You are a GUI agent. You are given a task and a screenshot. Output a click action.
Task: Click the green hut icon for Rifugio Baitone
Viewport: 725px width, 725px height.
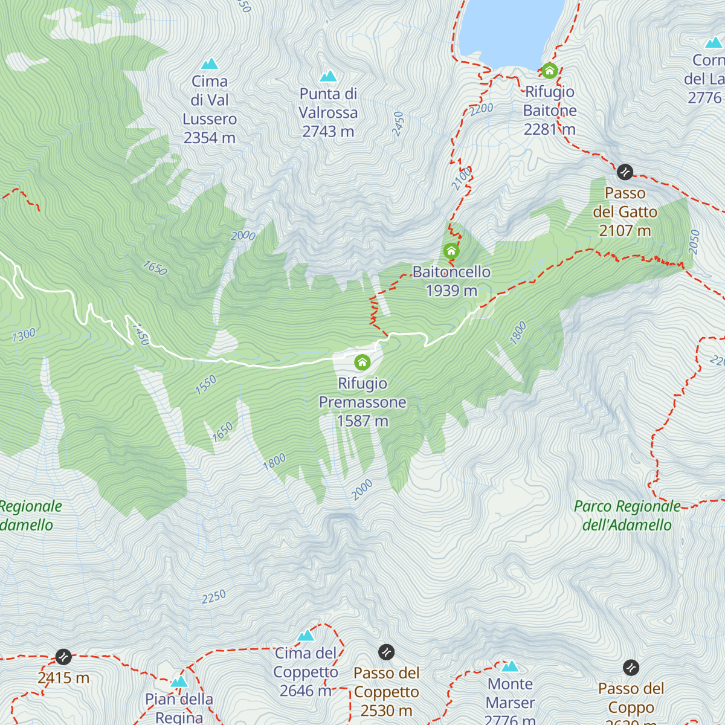click(549, 71)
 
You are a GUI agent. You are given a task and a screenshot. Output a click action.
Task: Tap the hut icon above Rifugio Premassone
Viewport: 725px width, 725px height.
click(362, 362)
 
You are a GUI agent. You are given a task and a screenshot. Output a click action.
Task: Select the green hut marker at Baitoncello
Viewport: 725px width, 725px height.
click(451, 251)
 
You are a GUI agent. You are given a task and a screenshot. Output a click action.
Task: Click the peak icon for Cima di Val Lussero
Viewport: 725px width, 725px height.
click(210, 63)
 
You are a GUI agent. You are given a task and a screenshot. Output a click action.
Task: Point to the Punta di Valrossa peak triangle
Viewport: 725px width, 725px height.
click(328, 76)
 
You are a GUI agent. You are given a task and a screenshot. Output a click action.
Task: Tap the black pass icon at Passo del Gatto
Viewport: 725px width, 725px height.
click(625, 172)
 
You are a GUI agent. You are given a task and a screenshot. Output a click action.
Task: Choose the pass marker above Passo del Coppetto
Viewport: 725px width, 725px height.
click(386, 652)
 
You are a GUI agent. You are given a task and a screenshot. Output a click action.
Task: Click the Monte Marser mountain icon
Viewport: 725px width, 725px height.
click(511, 666)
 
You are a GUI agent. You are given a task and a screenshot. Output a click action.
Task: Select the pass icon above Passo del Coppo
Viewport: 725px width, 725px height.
click(631, 668)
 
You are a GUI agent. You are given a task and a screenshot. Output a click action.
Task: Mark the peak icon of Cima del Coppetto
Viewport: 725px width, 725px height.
click(306, 636)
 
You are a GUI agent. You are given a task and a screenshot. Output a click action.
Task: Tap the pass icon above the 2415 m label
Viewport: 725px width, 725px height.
click(63, 657)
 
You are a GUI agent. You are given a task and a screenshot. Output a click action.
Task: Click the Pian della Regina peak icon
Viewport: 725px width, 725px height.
click(179, 682)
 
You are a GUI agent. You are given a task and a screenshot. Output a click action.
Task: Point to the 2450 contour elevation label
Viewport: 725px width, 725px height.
click(398, 124)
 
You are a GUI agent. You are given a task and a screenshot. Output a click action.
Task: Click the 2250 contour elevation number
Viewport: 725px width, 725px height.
click(214, 597)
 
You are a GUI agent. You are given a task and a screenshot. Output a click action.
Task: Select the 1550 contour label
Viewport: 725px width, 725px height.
click(206, 385)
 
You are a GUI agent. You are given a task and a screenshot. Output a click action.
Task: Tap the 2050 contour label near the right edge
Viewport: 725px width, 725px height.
click(694, 242)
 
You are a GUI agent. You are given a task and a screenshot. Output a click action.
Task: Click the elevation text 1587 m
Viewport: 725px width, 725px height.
click(362, 421)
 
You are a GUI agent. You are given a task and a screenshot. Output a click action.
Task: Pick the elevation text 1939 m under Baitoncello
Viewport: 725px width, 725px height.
click(451, 291)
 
